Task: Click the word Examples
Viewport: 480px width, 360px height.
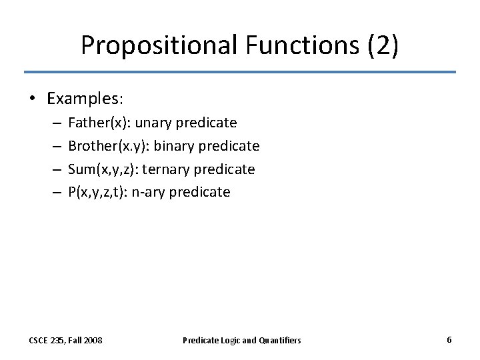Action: coord(83,99)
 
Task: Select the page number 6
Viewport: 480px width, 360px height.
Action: coord(449,339)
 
